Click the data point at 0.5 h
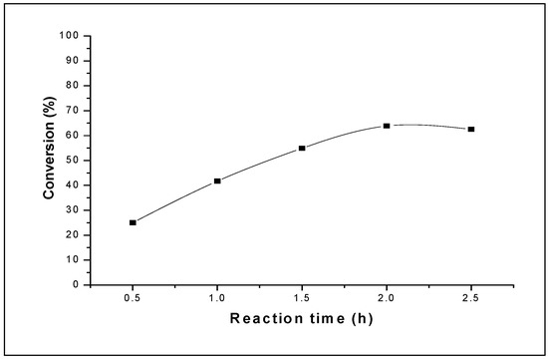coord(133,222)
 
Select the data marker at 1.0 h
coord(217,180)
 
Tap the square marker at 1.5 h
coord(302,148)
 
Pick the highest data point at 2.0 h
coord(387,126)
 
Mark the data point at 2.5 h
coord(471,129)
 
